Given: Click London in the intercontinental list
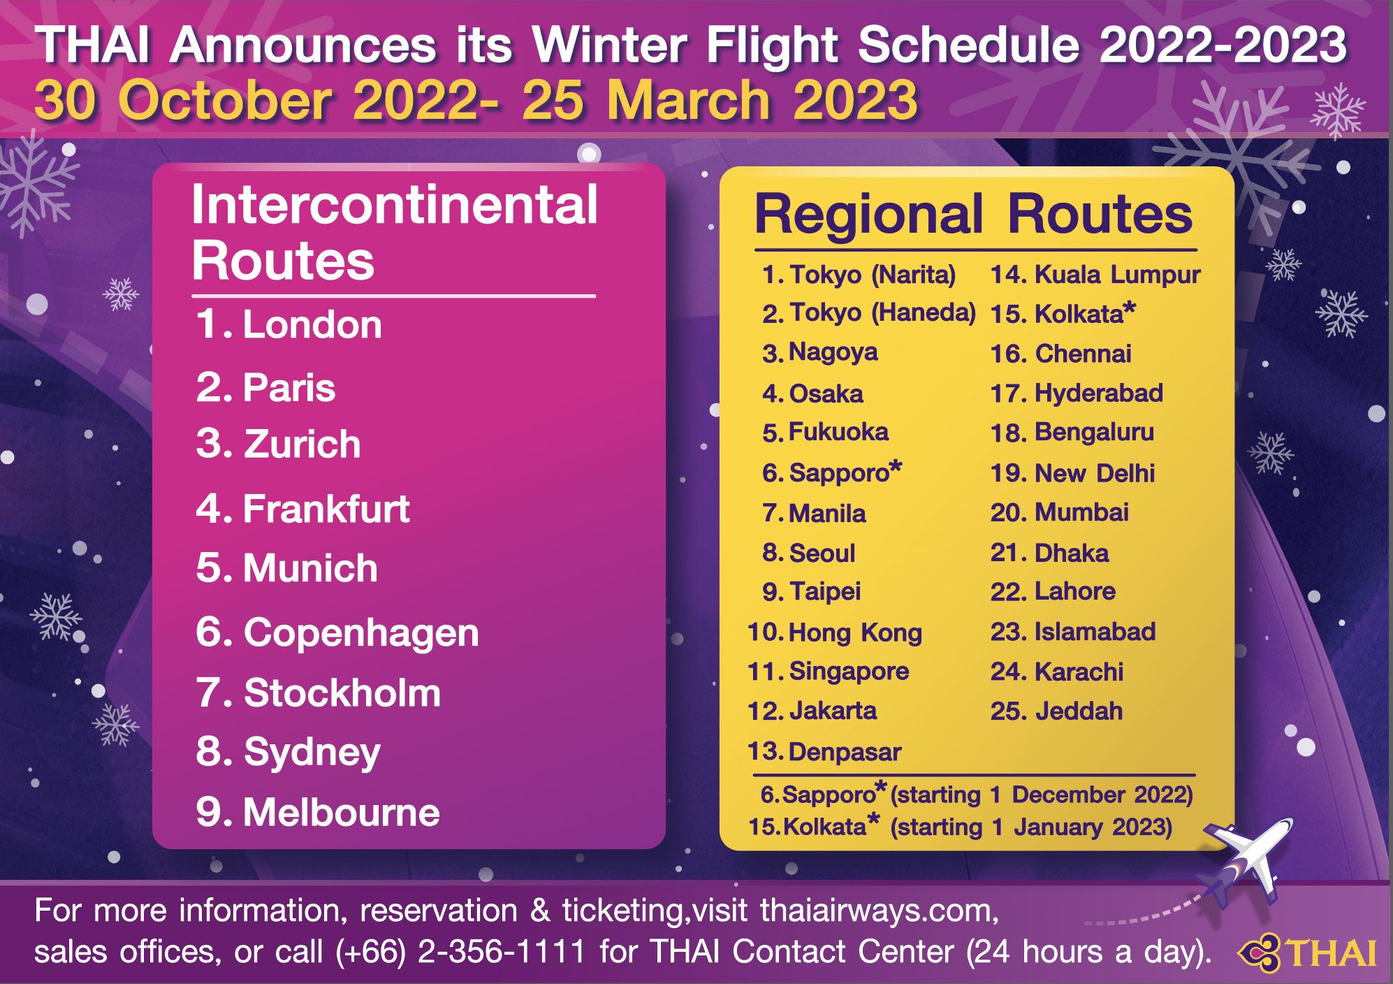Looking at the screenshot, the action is pos(312,325).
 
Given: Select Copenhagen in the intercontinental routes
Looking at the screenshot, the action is pos(361,633).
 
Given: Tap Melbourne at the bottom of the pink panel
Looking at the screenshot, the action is pos(341,812).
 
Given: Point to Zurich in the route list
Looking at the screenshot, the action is pos(302,444).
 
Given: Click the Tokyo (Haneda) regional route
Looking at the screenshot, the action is pos(882,312).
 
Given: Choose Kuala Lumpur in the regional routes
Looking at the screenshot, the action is pos(1117,275).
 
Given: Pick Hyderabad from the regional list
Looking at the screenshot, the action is pos(1098,393).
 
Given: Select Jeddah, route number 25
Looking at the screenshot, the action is pos(1079,711).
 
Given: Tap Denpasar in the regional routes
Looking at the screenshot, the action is pos(845,752).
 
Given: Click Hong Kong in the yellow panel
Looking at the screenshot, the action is pos(855,633).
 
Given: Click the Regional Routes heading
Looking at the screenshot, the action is pos(974,215).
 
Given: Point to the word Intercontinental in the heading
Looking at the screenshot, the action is pos(394,205).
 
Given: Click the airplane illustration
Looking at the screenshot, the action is pos(1246,863).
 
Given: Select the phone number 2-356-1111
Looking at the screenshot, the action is pos(501,952).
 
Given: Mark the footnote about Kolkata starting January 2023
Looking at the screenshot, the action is pos(960,827).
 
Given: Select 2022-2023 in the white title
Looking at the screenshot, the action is pos(1223,45).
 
